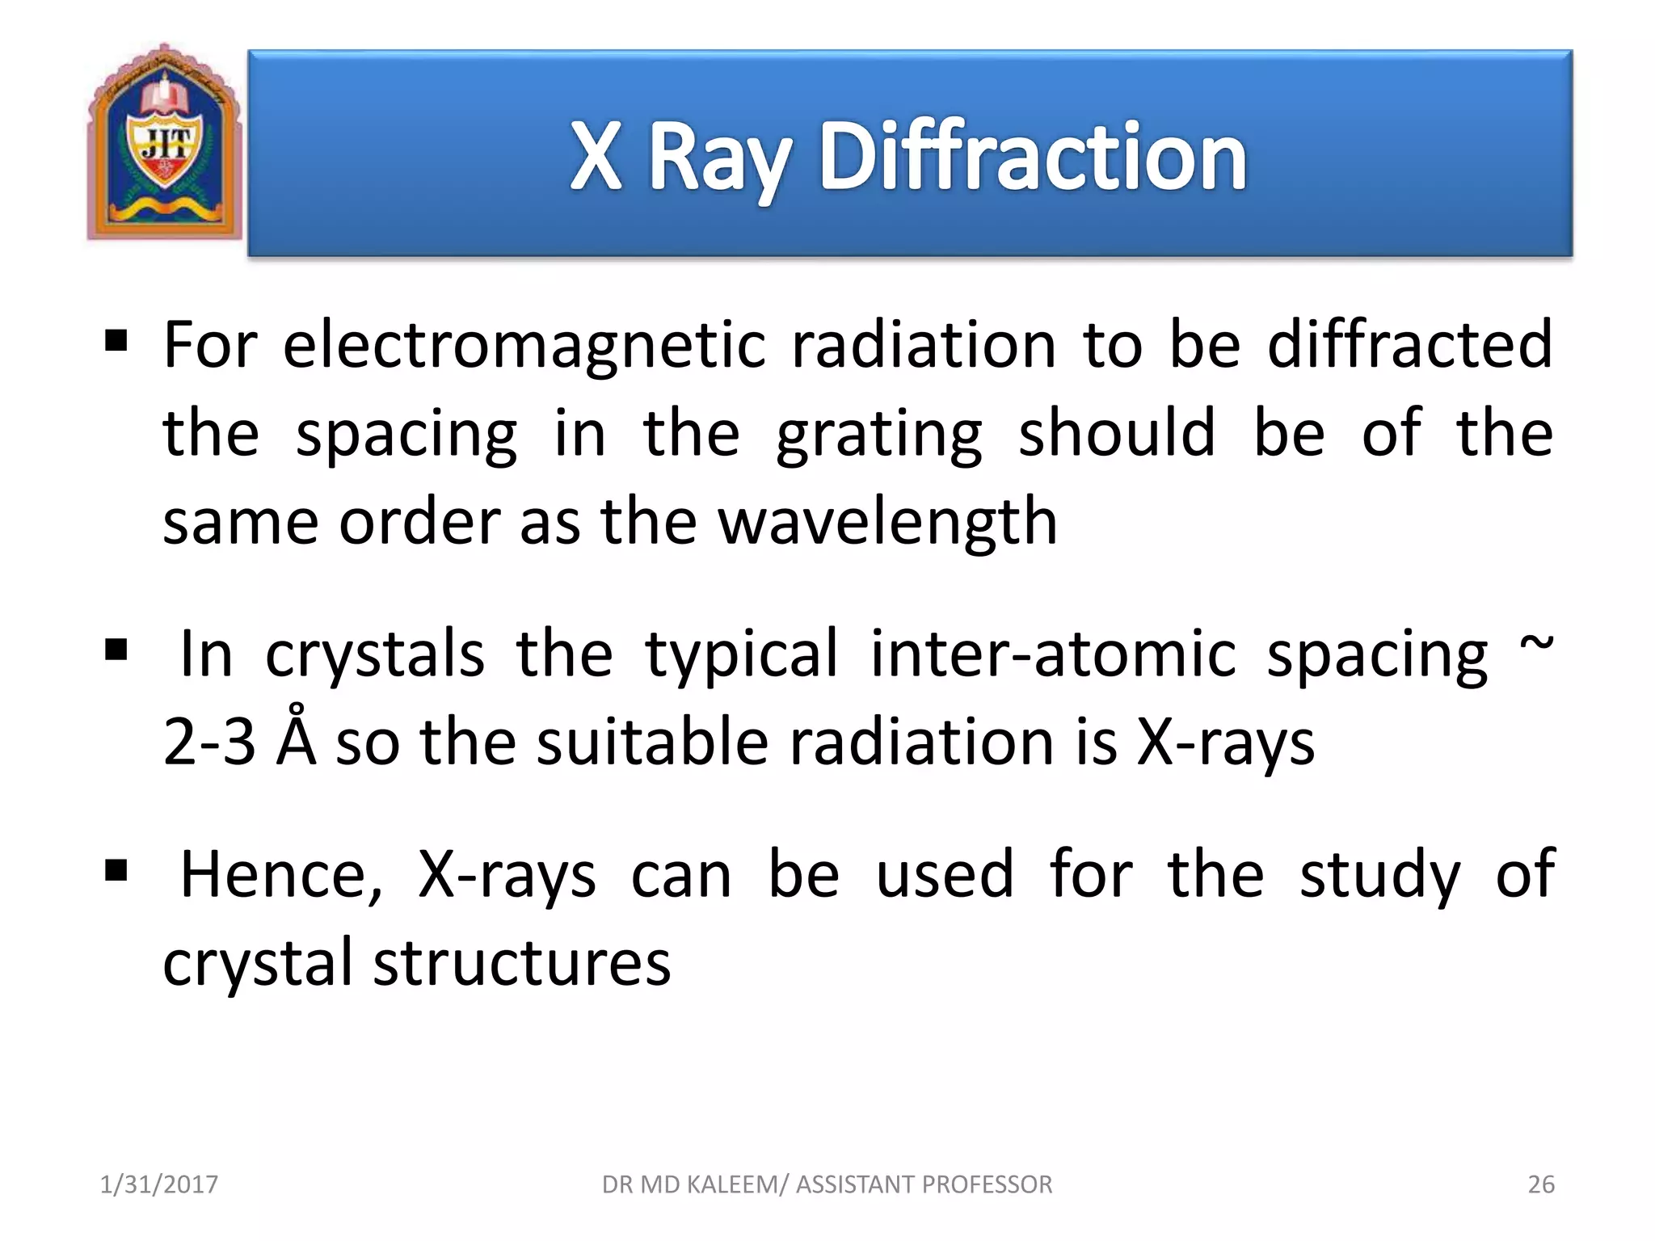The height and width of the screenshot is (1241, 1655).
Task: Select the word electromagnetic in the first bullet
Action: coord(524,346)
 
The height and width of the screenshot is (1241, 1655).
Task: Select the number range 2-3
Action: coord(209,742)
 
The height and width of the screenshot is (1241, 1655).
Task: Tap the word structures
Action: coord(521,963)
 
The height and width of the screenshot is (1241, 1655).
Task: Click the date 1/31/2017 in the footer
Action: coord(158,1184)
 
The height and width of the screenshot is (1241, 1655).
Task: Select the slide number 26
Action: coord(1540,1184)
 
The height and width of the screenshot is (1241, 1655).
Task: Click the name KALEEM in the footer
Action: coord(738,1184)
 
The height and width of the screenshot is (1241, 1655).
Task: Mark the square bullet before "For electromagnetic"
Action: coord(116,341)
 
